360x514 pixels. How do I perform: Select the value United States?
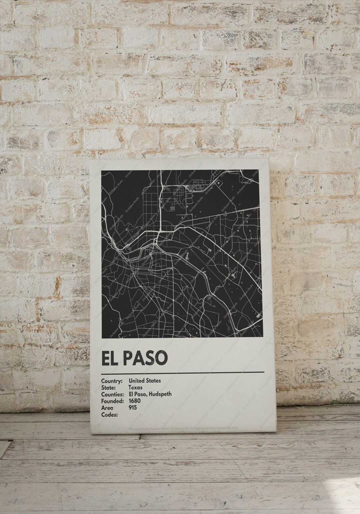[x=145, y=380]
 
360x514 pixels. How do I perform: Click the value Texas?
[x=135, y=387]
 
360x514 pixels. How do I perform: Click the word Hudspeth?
[x=160, y=394]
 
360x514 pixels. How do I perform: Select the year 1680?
[x=135, y=401]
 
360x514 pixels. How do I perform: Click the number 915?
[x=133, y=408]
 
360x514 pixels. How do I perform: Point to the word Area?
[x=107, y=408]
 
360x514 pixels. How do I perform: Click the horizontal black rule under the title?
[x=183, y=372]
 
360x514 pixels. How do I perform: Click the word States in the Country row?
[x=153, y=380]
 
